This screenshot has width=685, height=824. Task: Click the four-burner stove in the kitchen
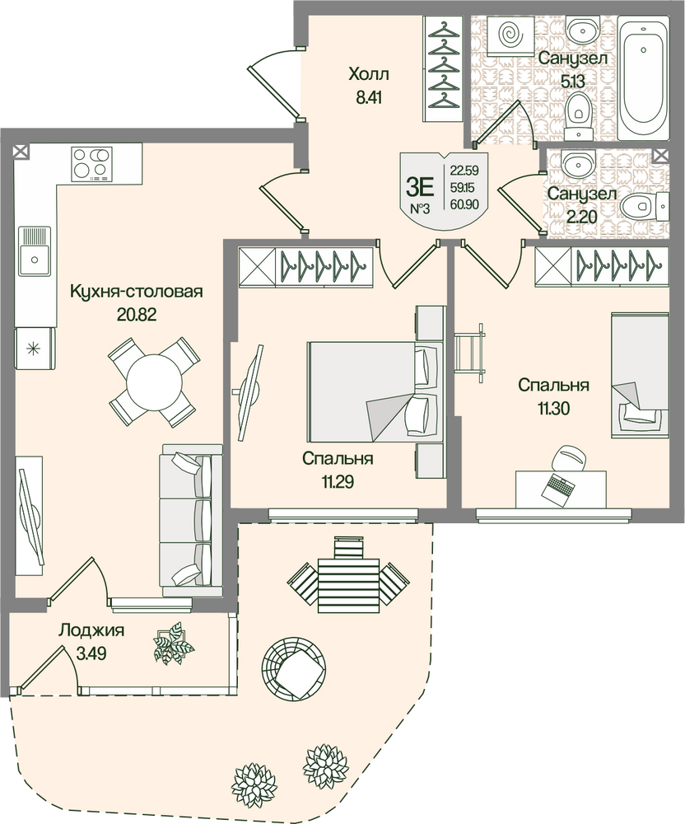(x=92, y=164)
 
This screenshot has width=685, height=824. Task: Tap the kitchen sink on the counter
(x=35, y=251)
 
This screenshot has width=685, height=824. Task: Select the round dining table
(x=153, y=381)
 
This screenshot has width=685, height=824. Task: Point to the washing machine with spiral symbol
(x=510, y=35)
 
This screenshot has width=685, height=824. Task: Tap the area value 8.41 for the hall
(x=369, y=98)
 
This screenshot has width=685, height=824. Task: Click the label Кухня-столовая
(x=137, y=291)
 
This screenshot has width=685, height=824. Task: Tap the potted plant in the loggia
(x=173, y=644)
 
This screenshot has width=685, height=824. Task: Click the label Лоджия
(x=91, y=630)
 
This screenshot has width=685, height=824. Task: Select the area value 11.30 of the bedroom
(x=554, y=409)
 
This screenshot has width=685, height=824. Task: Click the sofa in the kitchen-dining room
(x=191, y=520)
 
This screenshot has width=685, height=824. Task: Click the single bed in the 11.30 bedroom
(x=640, y=375)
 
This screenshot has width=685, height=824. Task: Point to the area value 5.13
(x=572, y=81)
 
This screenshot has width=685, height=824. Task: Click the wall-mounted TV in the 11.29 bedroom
(x=249, y=392)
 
